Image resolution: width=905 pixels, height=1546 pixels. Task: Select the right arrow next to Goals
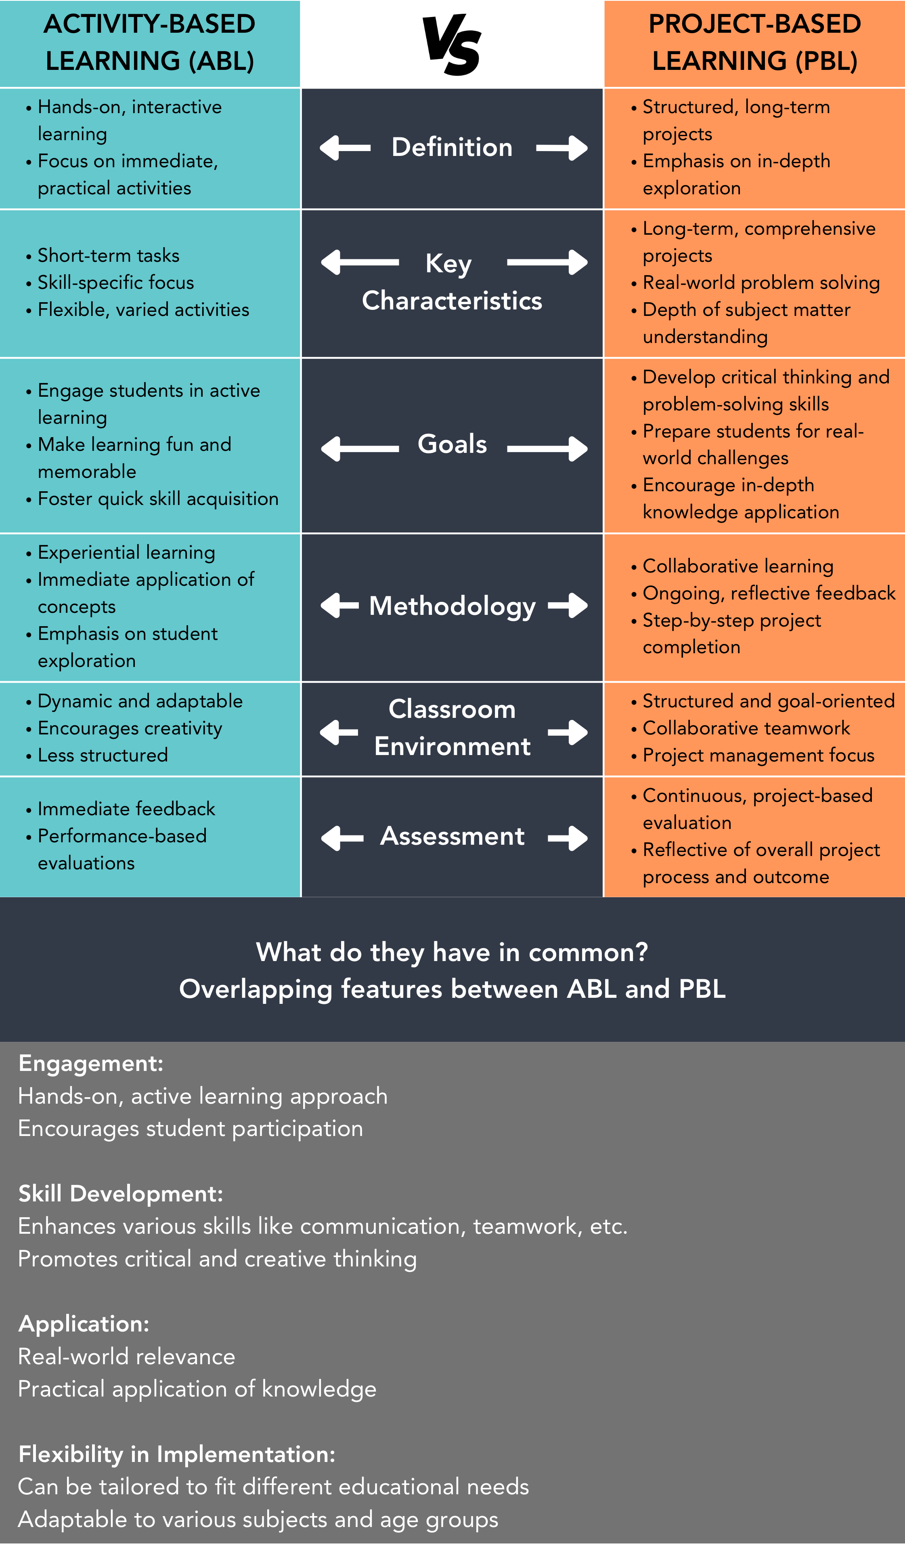[x=547, y=448]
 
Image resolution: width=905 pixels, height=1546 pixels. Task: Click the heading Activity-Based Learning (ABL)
[x=150, y=42]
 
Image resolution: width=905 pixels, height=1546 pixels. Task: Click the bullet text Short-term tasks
[x=109, y=255]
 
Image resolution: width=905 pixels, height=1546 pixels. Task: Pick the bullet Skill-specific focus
[x=115, y=282]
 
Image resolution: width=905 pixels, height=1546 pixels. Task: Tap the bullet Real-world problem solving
[x=760, y=282]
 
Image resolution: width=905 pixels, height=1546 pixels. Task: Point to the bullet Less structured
[x=103, y=755]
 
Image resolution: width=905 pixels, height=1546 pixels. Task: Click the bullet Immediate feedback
[x=126, y=809]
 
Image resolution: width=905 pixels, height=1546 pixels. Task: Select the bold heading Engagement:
[x=91, y=1063]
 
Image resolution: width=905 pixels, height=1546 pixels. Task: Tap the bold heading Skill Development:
[x=121, y=1193]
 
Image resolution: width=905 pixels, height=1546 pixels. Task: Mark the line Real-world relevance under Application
[x=126, y=1357]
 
